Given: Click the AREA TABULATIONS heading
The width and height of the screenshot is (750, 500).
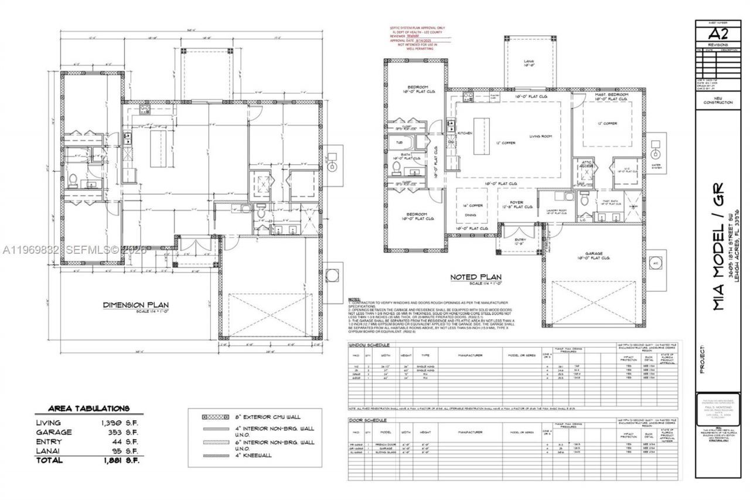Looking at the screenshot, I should pos(88,408).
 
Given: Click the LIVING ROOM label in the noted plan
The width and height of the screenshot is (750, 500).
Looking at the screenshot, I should pos(541,136).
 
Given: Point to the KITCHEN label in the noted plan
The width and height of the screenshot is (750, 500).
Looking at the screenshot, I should pos(465,134).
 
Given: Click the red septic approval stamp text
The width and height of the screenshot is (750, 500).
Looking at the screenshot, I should pos(418,38).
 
